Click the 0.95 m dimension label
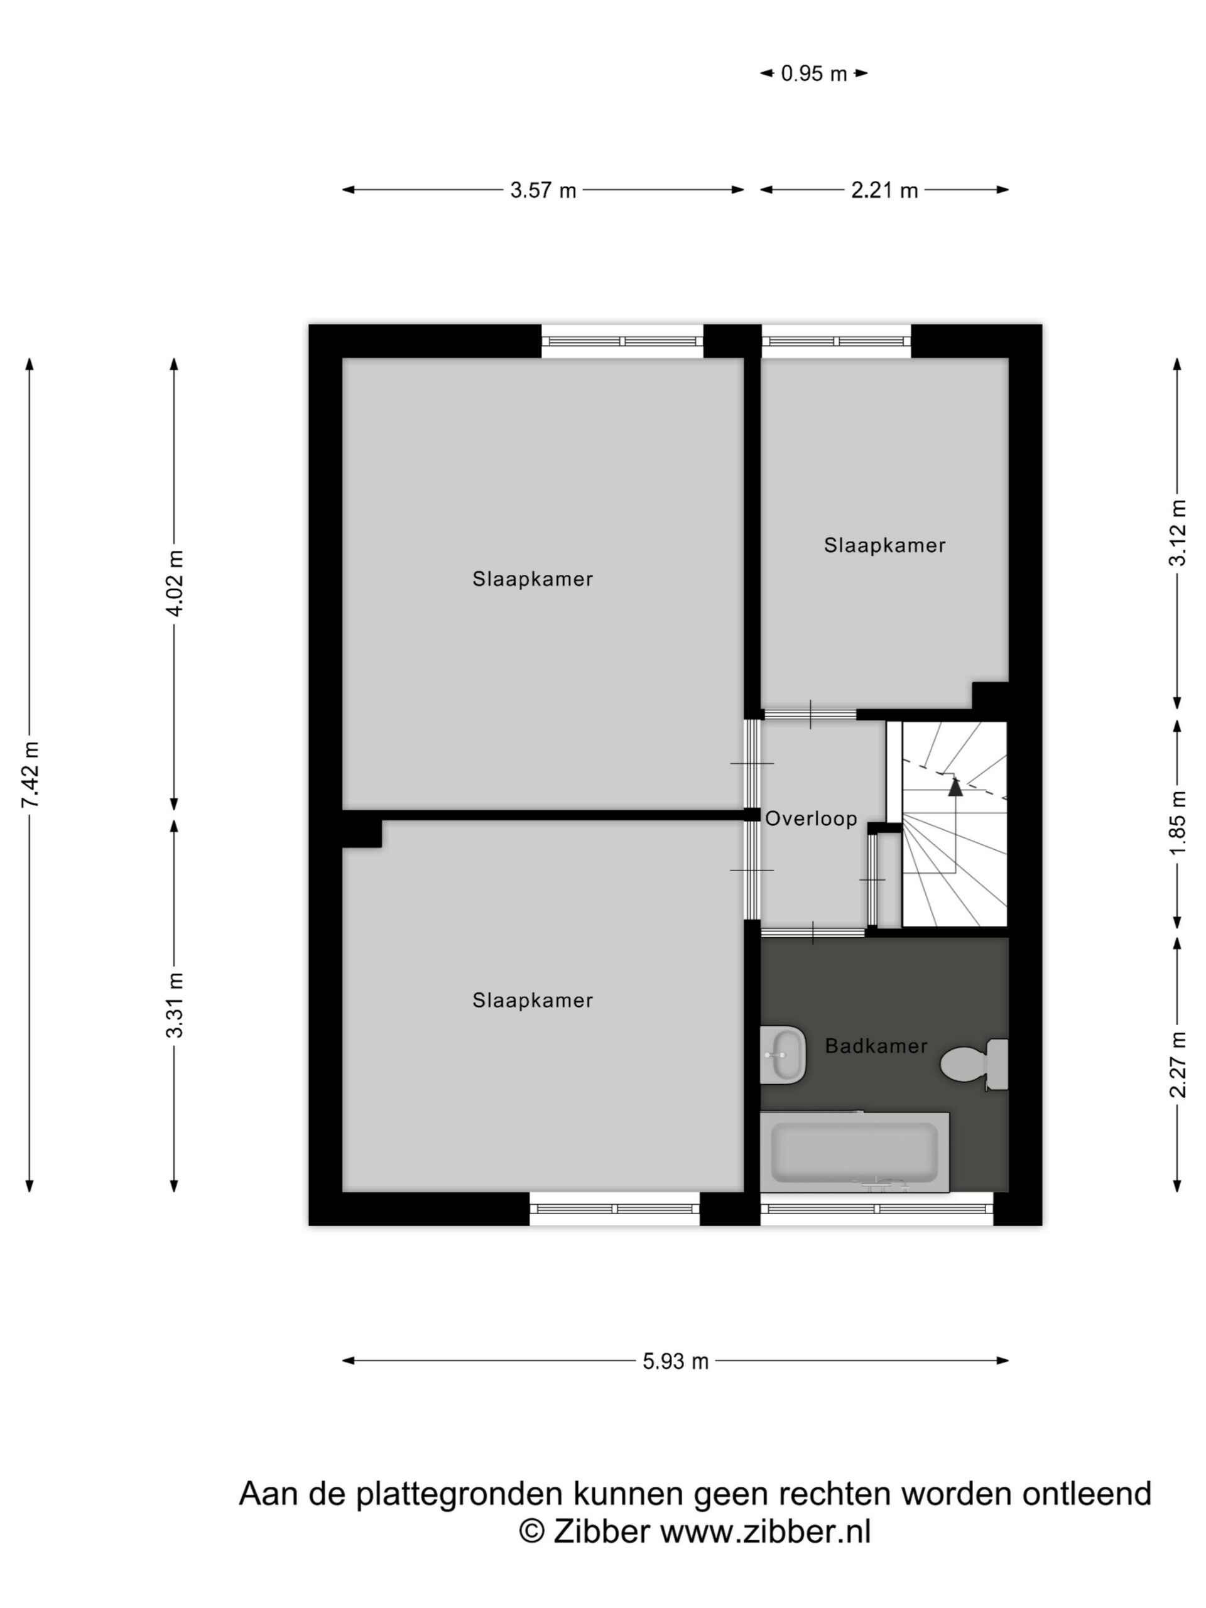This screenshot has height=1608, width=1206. (813, 73)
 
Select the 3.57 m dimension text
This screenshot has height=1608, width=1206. (543, 190)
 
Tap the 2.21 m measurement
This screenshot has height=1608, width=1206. (884, 190)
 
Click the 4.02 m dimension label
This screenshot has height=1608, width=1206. (175, 583)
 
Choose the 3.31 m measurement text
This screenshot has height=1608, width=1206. (175, 1004)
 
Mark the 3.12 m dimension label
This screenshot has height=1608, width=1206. (1178, 533)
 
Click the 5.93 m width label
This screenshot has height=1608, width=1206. (675, 1362)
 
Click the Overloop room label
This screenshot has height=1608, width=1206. (812, 819)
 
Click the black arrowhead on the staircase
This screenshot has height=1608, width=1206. (955, 785)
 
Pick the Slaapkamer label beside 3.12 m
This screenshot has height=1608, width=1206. (884, 545)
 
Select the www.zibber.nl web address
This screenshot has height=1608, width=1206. (766, 1531)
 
